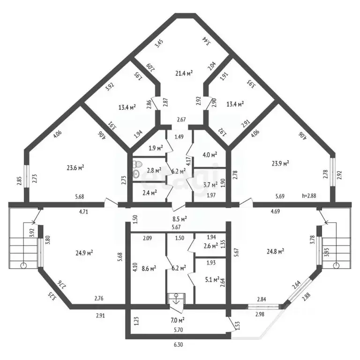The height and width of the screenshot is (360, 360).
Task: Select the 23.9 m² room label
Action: click(x=280, y=163)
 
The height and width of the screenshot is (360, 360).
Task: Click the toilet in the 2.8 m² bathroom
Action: click(x=138, y=165)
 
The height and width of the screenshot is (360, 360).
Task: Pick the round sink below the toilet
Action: click(x=136, y=174)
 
